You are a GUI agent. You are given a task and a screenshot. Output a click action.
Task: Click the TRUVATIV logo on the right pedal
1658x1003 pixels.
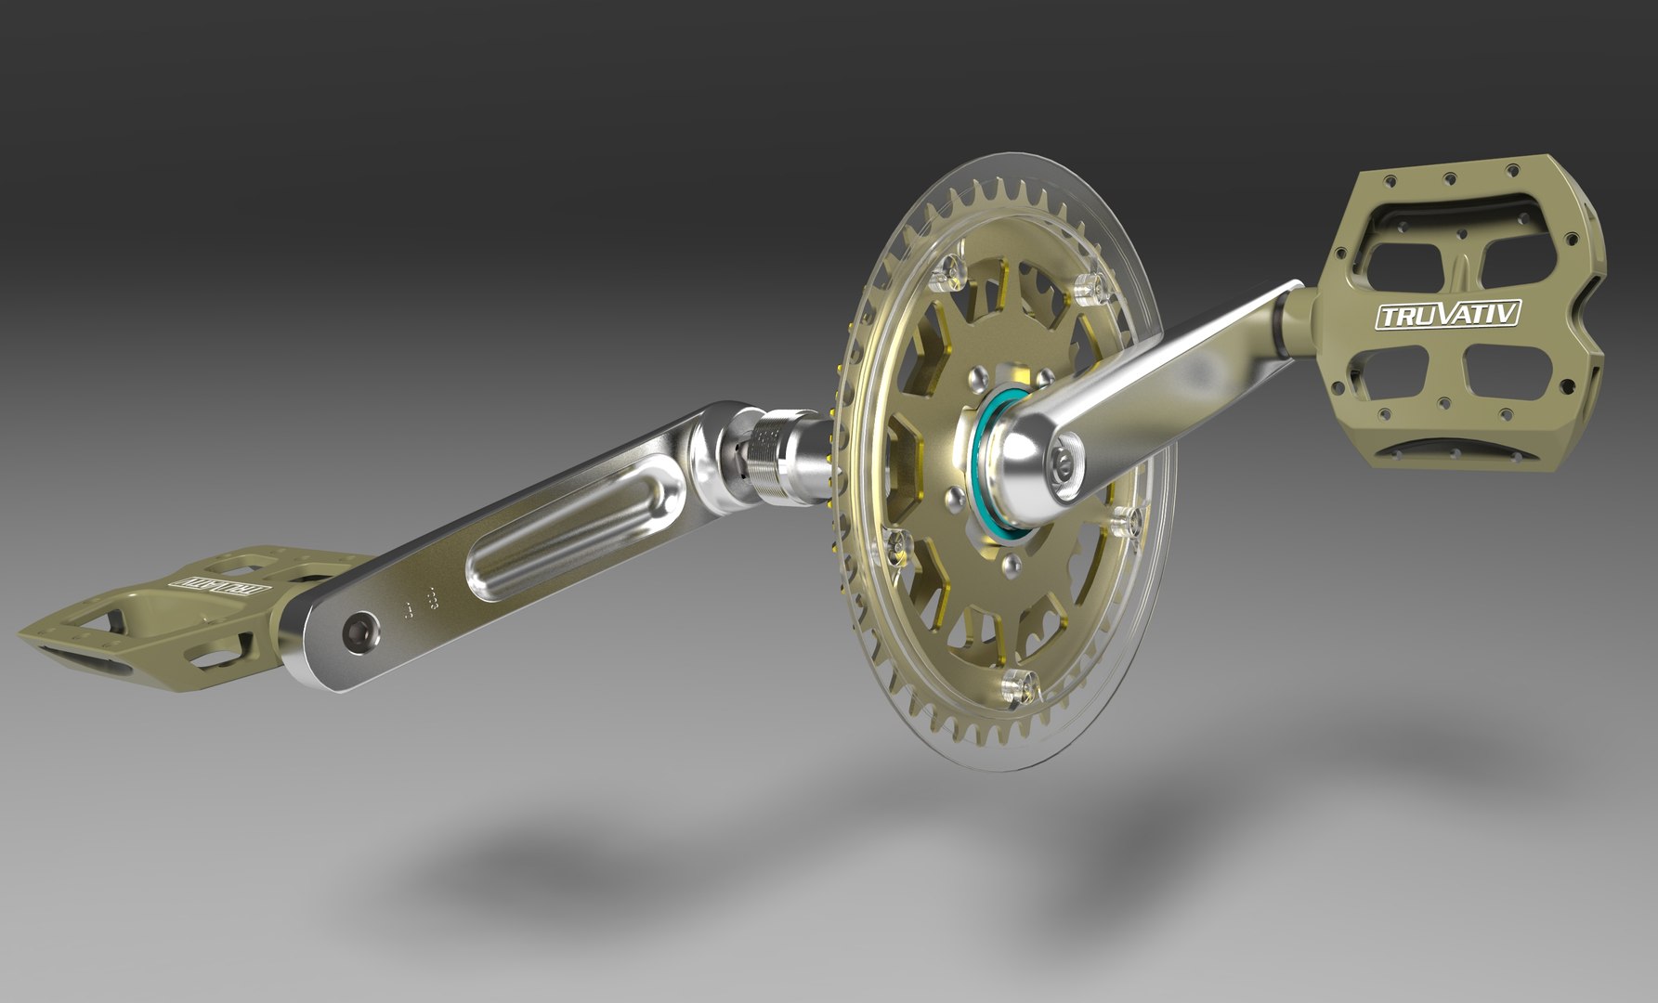pos(1447,316)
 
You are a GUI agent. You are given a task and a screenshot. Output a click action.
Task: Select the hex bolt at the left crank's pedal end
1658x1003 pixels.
pos(358,632)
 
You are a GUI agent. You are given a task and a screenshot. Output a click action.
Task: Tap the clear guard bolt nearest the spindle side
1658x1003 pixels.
pos(902,550)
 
